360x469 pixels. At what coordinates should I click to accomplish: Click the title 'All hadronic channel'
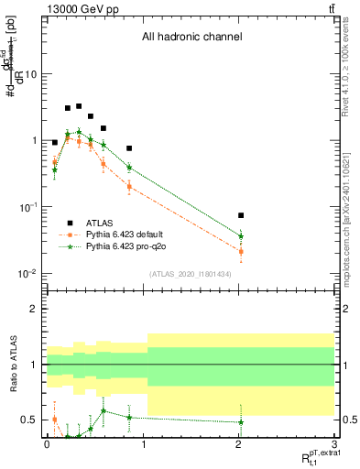[x=191, y=38]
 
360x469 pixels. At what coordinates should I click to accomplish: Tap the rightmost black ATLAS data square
[x=241, y=215]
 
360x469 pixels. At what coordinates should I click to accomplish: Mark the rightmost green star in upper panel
[x=241, y=236]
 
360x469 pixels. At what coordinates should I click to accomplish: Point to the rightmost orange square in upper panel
[x=241, y=251]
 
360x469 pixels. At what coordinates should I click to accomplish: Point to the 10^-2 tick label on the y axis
[x=27, y=274]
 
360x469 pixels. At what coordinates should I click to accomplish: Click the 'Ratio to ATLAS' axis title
[x=12, y=366]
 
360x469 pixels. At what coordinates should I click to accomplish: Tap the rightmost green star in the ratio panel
[x=241, y=422]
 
